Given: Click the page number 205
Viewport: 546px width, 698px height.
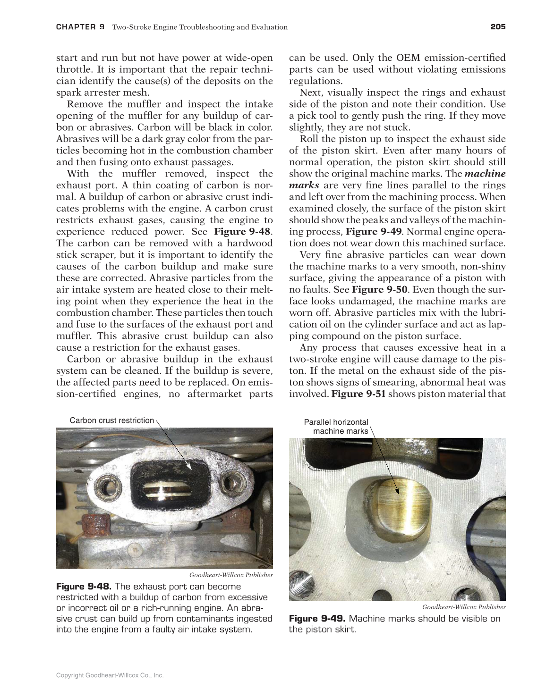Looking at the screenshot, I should click(x=497, y=27).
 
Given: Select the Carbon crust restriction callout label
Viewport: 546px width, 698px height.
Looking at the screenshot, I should click(x=111, y=420).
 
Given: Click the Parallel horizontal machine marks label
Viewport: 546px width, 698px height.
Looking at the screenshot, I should click(x=336, y=427).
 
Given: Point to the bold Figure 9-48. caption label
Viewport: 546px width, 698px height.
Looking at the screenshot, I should click(x=84, y=587).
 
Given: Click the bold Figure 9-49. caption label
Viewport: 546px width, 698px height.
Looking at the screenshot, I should click(x=316, y=619).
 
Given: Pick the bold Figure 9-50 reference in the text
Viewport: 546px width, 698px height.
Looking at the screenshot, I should click(x=376, y=290).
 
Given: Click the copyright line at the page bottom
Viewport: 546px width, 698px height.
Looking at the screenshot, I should click(x=110, y=675).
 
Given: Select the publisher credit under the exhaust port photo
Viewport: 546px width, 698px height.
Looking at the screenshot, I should click(x=231, y=575).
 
